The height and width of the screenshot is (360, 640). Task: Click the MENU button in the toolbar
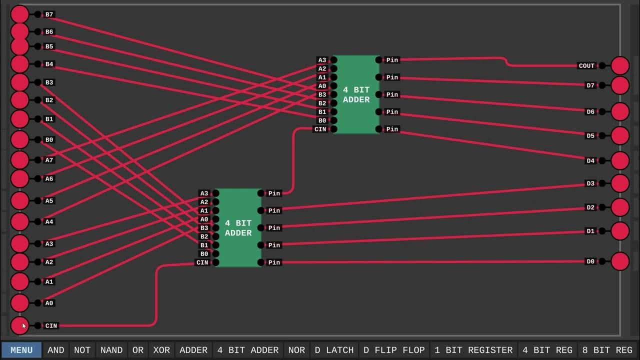[x=21, y=350]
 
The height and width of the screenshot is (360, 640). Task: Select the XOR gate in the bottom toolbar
[x=161, y=350]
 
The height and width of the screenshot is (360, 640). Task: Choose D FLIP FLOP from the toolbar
[x=394, y=350]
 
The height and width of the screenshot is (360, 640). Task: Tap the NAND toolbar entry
[x=111, y=350]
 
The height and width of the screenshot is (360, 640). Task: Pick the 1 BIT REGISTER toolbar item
[x=473, y=350]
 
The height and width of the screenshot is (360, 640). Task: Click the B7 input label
[x=49, y=14]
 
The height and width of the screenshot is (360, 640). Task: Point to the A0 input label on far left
[x=49, y=303]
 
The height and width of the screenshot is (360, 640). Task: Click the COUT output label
[x=586, y=65]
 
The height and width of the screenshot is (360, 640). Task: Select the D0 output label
[x=590, y=261]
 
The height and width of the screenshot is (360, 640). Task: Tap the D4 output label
[x=590, y=160]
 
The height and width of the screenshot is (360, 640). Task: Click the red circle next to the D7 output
[x=620, y=85]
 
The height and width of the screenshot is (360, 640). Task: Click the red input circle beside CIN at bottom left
[x=20, y=325]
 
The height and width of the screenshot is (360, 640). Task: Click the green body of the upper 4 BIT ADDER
[x=356, y=94]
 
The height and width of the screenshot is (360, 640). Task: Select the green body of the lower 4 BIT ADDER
[x=238, y=228]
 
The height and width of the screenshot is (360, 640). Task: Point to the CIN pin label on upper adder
[x=320, y=129]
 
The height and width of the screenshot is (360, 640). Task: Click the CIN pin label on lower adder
[x=202, y=262]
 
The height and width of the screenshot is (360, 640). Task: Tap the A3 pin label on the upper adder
[x=322, y=60]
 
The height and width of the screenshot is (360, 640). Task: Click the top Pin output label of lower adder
[x=274, y=193]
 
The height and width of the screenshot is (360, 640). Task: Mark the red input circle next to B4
[x=20, y=64]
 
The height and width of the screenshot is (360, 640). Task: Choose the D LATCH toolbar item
[x=334, y=350]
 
